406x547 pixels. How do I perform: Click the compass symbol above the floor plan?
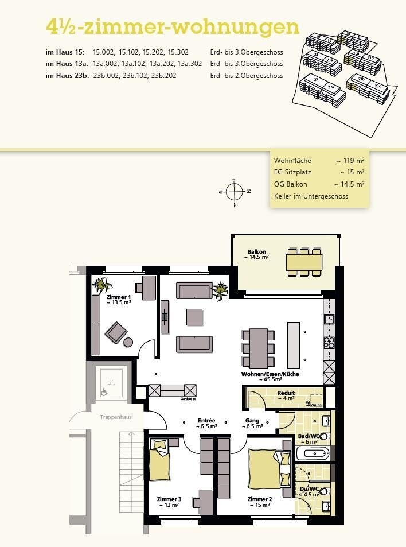[x=235, y=191]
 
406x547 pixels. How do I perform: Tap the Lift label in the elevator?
[x=111, y=381]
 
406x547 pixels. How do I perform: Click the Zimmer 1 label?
[x=119, y=297]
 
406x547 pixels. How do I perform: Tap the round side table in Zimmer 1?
[x=128, y=343]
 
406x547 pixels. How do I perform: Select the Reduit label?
[x=286, y=393]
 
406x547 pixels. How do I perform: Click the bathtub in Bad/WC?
[x=313, y=454]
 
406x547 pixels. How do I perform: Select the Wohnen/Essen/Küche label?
[x=270, y=374]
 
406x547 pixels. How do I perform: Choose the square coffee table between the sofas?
[x=194, y=317]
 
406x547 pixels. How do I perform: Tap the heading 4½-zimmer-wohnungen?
[x=172, y=27]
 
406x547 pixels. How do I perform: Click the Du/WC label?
[x=308, y=489]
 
